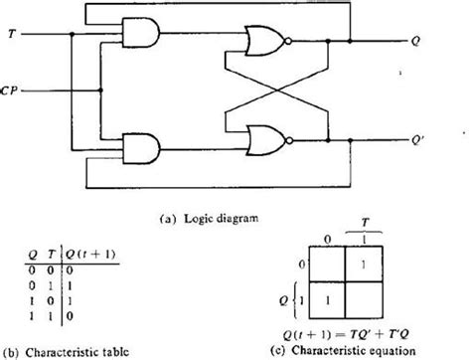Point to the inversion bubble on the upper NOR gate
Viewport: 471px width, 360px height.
tap(288, 42)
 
